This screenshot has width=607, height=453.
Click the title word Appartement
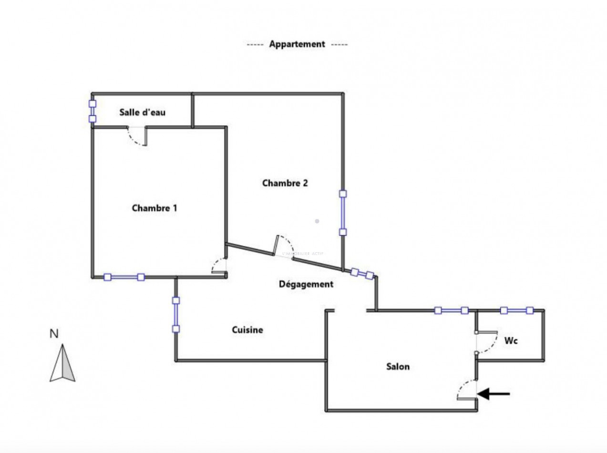pos(297,44)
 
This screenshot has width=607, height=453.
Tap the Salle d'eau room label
pos(143,113)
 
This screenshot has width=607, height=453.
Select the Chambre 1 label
pos(154,208)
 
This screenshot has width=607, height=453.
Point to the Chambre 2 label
pos(285,183)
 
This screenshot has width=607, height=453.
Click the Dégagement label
pos(306,284)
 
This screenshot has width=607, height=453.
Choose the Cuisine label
pos(247,330)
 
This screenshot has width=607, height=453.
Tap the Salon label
pos(398,367)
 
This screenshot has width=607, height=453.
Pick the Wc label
pos(511,341)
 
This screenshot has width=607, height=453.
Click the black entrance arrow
pos(494,394)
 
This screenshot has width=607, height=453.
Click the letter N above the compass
pos(54,334)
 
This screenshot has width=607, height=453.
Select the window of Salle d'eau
pos(93,111)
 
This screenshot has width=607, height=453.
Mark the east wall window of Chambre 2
pos(343,213)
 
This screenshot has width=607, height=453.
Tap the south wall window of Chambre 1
pos(124,277)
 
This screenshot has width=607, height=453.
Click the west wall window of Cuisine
pos(176,315)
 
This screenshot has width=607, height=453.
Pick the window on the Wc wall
pos(516,310)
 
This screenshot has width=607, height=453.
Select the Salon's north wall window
pos(451,311)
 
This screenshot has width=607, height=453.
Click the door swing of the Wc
pos(487,342)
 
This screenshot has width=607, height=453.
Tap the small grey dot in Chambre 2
pos(317,221)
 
